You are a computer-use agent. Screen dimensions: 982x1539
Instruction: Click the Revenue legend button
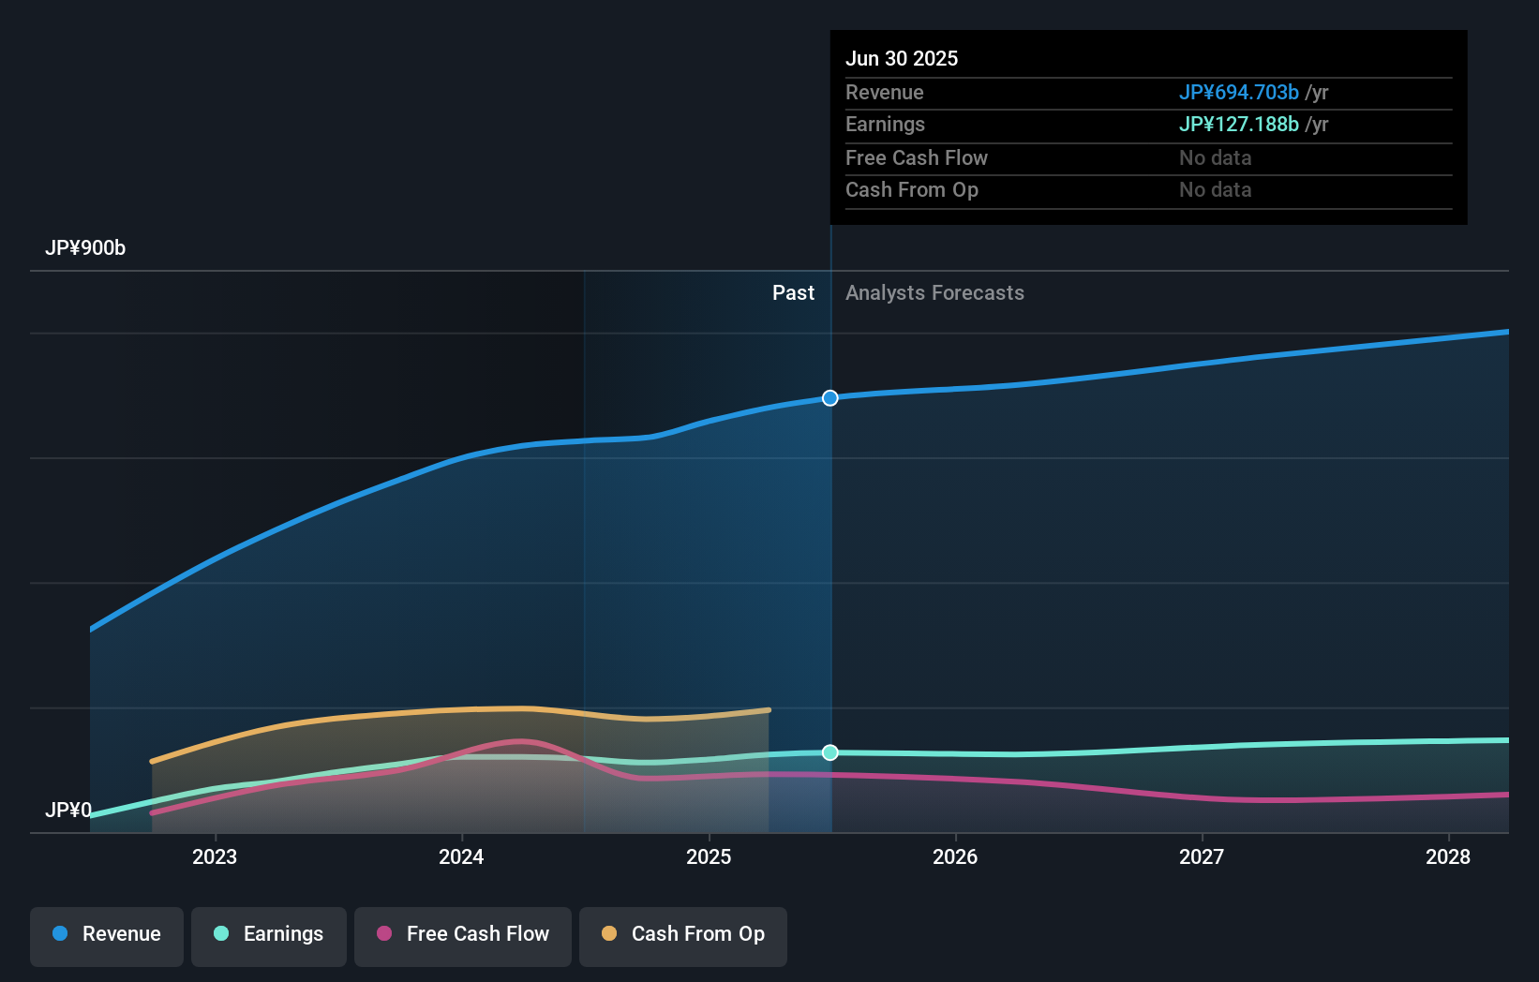[x=107, y=935]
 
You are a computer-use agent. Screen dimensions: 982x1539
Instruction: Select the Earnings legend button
[x=269, y=935]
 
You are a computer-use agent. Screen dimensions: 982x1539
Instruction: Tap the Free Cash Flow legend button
[x=463, y=935]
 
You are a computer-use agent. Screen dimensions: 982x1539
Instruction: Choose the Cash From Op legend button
[x=683, y=935]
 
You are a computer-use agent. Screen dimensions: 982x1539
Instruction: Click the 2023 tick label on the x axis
[x=215, y=856]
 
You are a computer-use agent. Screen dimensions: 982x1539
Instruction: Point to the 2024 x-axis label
[x=461, y=856]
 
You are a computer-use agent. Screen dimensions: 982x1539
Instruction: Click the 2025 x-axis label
[x=709, y=856]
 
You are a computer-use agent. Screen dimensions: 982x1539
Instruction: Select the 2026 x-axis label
[x=955, y=856]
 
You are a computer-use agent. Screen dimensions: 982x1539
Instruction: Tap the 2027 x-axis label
[x=1202, y=856]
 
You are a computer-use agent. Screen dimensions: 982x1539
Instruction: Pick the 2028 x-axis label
[x=1448, y=856]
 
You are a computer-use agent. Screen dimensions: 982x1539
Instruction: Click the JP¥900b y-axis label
[x=85, y=248]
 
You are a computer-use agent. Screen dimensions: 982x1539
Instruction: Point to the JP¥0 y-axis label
[x=68, y=810]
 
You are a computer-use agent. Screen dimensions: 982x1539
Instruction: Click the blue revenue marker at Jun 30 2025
[x=830, y=398]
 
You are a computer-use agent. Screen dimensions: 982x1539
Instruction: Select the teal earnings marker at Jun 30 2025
[x=830, y=752]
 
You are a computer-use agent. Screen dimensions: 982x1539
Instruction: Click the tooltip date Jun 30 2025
[x=902, y=58]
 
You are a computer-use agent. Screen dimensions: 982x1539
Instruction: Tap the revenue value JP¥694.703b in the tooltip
[x=1238, y=92]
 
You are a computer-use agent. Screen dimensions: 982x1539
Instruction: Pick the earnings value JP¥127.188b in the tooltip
[x=1238, y=125]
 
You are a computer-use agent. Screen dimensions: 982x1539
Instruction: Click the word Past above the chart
[x=793, y=293]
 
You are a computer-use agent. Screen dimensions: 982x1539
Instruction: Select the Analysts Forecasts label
[x=934, y=293]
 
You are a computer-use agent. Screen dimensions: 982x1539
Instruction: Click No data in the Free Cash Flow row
[x=1215, y=157]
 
